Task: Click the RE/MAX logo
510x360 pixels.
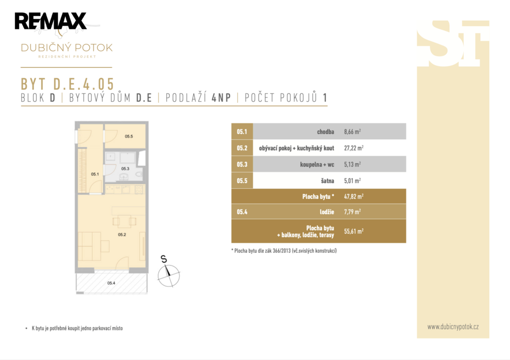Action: pos(50,21)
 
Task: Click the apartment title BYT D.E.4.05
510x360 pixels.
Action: pos(67,84)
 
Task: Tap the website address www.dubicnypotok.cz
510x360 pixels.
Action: pos(453,327)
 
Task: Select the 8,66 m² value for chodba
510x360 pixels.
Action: pos(352,132)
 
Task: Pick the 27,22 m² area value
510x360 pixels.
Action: pos(354,148)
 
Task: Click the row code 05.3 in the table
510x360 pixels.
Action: pos(242,164)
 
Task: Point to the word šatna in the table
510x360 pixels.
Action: pos(328,180)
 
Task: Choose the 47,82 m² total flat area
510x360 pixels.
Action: pos(354,196)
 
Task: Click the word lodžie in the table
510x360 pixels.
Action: pos(327,212)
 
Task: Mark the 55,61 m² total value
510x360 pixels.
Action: pos(354,231)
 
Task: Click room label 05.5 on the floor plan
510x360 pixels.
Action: pos(129,136)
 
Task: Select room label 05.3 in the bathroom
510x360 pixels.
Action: pos(125,168)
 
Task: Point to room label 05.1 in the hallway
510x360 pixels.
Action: pos(95,174)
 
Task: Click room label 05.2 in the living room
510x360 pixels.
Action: pos(122,235)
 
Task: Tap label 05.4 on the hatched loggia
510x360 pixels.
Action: pos(111,283)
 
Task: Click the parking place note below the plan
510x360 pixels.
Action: pos(77,329)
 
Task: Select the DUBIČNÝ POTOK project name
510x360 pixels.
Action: pos(67,48)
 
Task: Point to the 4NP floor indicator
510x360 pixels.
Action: pos(221,98)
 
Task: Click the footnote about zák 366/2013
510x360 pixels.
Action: pos(284,251)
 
